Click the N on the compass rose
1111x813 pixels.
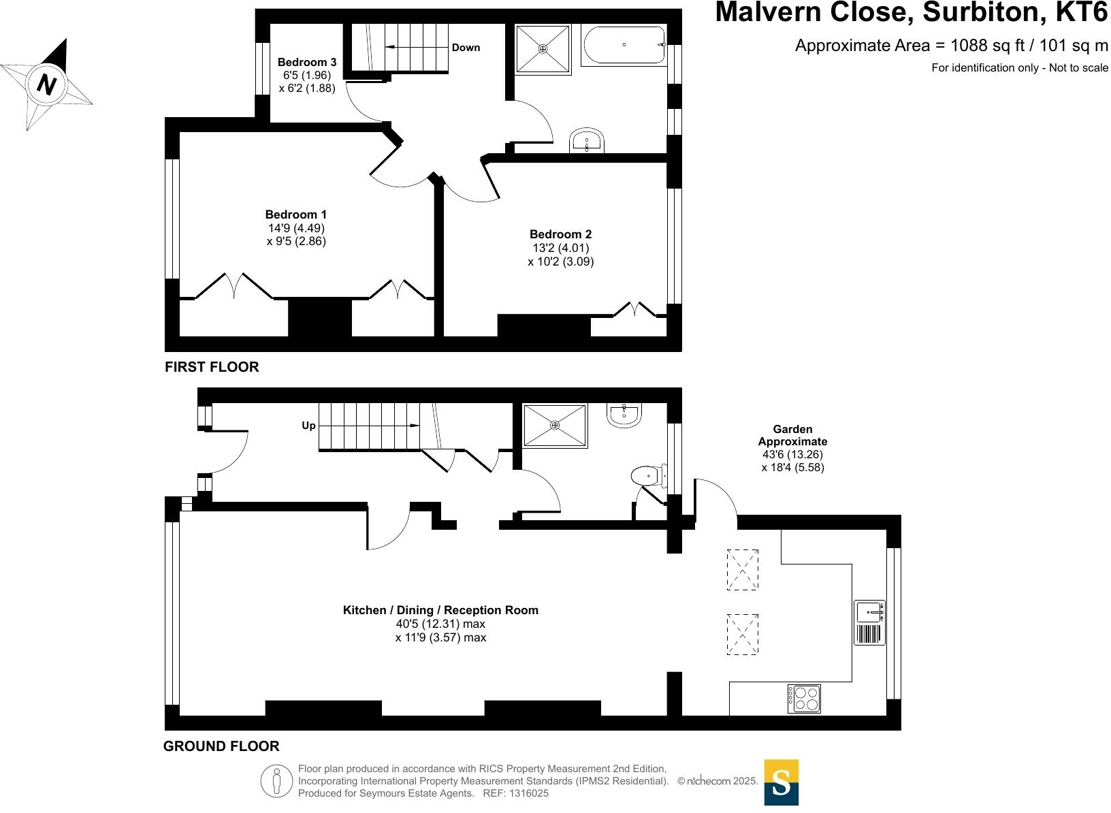[46, 84]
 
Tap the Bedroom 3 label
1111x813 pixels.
[306, 62]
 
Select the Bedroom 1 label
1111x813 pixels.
[295, 214]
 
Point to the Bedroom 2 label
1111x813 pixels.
[560, 234]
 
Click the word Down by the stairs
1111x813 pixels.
[466, 48]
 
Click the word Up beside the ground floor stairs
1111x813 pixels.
[308, 426]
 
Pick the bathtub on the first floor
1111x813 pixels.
[624, 45]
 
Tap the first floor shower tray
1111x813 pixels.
[543, 49]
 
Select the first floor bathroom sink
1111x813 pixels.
[587, 140]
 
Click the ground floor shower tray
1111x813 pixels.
[555, 425]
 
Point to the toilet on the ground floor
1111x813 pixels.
[649, 476]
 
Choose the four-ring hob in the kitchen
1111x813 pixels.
[804, 699]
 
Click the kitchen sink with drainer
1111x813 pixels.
[869, 622]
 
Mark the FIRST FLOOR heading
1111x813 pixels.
[212, 367]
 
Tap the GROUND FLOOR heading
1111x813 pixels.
[221, 746]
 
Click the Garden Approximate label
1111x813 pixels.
[792, 435]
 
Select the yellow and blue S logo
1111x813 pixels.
[782, 782]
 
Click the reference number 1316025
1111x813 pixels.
[529, 793]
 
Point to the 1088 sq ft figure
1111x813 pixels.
[987, 46]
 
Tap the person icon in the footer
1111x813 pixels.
[276, 781]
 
